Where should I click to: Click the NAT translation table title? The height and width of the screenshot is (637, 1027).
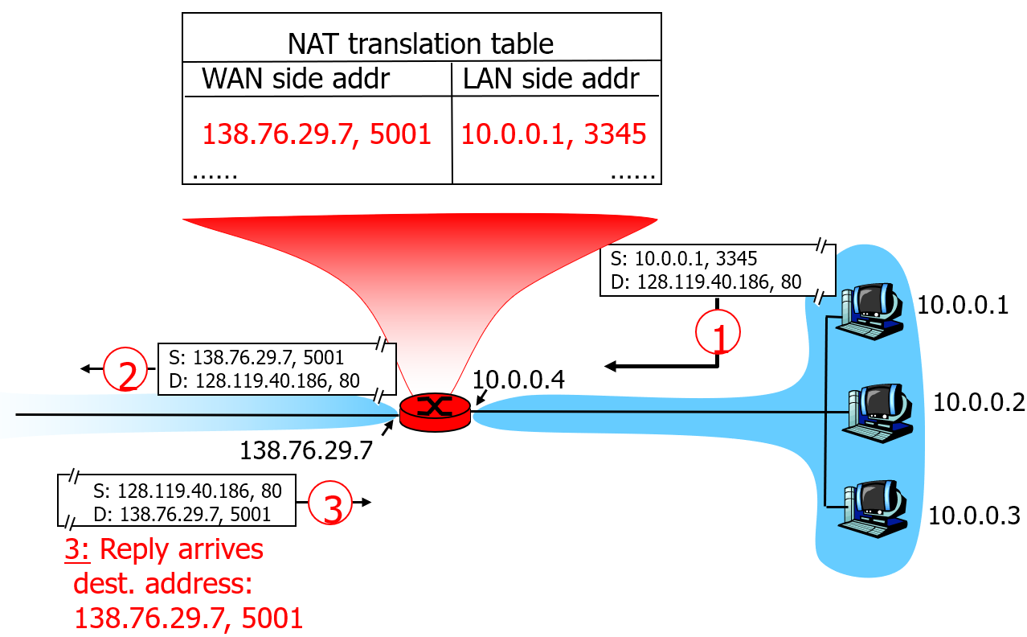(420, 43)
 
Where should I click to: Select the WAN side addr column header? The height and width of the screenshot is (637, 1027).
(296, 78)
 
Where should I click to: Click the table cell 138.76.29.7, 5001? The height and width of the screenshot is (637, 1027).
(317, 134)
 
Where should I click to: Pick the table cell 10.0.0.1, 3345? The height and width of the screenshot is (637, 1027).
(554, 134)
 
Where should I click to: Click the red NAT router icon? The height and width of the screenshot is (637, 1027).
(435, 411)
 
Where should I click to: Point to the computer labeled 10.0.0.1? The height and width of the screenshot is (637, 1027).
(870, 308)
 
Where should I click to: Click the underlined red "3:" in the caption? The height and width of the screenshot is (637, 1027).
(80, 549)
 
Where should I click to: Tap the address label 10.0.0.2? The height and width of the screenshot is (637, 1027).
(978, 402)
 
